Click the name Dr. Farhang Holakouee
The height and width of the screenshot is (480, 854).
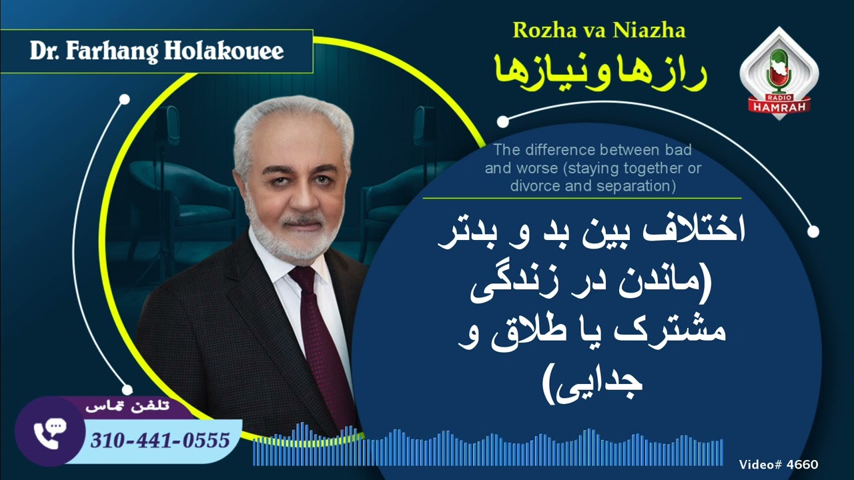(157, 51)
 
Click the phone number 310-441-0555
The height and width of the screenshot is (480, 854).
(160, 440)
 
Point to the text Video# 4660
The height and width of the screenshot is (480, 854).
(779, 465)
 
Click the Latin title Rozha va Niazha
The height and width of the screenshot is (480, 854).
(598, 30)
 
